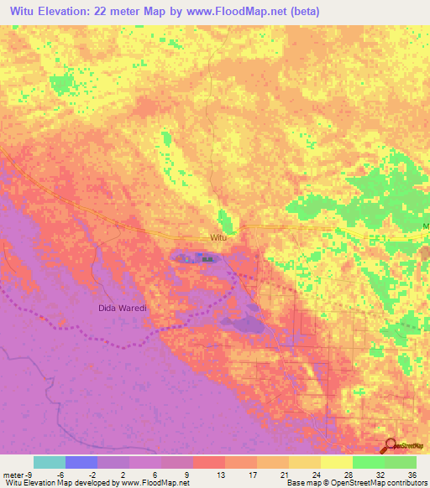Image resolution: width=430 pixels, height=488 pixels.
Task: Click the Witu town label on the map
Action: (218, 238)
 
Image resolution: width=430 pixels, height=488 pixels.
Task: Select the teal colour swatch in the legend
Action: (50, 461)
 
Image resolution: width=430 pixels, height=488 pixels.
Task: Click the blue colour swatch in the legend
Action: (81, 461)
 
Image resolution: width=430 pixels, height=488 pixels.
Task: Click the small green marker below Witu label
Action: (207, 259)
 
